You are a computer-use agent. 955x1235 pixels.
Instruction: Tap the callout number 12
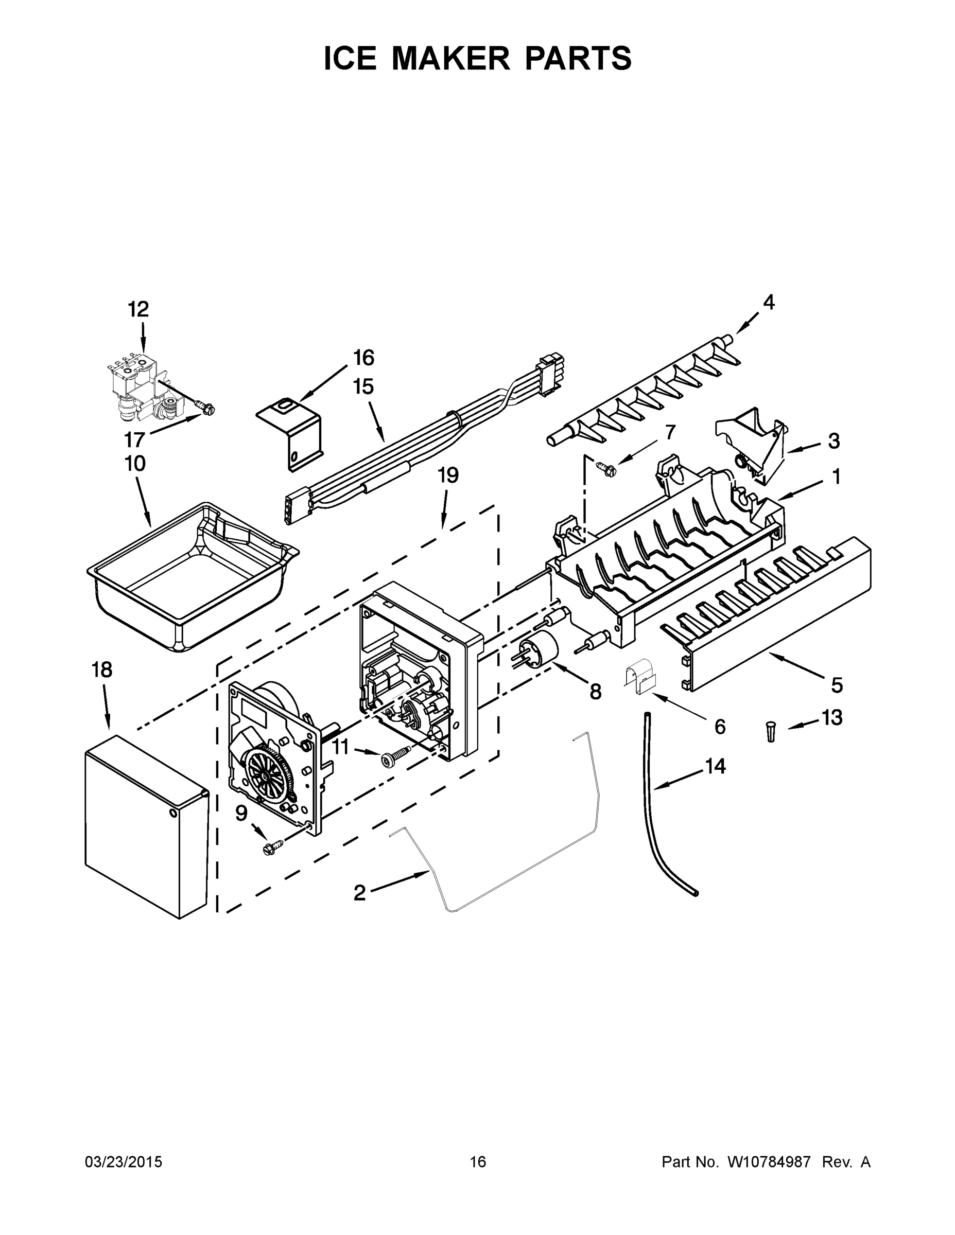coord(138,309)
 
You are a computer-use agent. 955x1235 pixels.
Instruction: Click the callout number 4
coord(768,303)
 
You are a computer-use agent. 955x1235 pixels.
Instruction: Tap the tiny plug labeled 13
coord(771,731)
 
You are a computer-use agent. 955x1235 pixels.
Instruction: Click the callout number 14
coord(715,766)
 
